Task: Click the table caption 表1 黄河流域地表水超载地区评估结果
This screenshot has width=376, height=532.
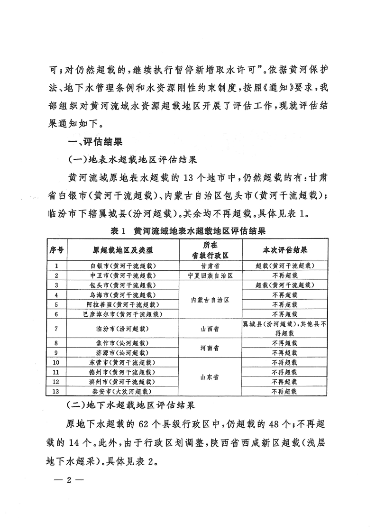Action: click(x=187, y=231)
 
